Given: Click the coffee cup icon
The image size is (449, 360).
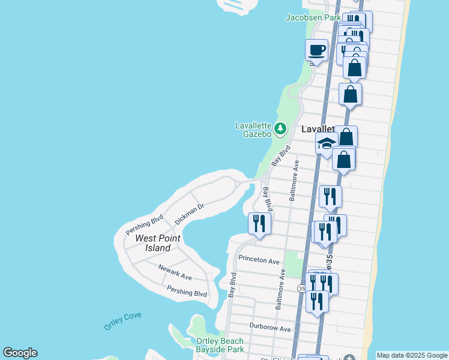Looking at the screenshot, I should click(x=316, y=50).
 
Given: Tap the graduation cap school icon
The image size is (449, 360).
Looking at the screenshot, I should click(x=327, y=144).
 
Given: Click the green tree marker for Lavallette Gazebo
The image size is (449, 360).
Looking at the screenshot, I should click(x=280, y=128).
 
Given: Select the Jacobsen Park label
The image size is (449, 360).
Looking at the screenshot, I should click(x=313, y=17).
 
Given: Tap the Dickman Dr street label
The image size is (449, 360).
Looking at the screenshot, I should click(x=190, y=213).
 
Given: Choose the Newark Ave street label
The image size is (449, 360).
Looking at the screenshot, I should click(x=175, y=272).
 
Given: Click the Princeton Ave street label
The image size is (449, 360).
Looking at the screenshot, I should click(x=259, y=261).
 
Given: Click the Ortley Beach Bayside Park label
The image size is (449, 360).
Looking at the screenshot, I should click(x=220, y=345).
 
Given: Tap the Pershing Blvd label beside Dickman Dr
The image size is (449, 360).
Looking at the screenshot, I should click(x=145, y=224).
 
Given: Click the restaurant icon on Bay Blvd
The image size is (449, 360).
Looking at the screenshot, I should click(x=259, y=223).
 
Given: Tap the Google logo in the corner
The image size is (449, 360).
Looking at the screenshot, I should click(x=20, y=353).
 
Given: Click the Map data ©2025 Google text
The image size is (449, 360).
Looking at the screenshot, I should click(x=411, y=355).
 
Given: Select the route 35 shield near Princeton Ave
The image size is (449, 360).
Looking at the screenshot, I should click(x=301, y=289).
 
